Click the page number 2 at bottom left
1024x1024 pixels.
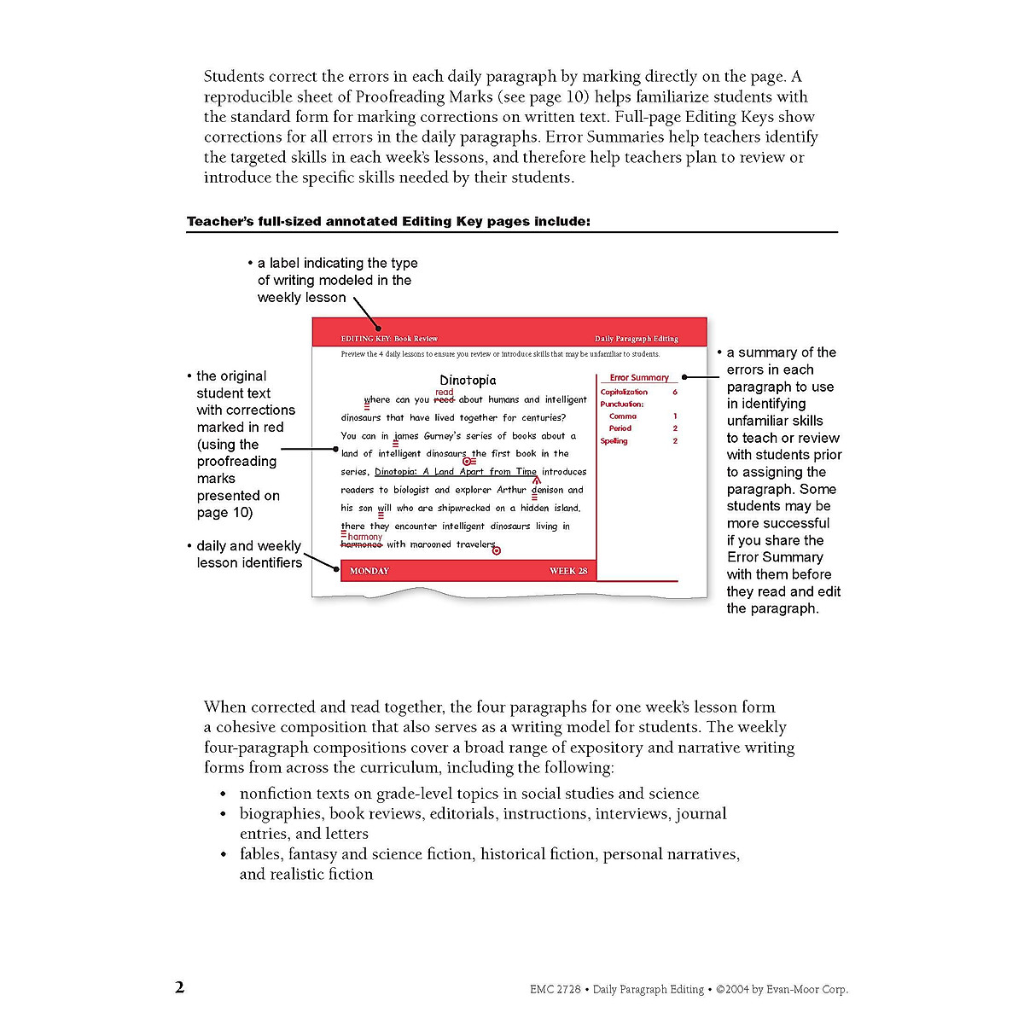179,987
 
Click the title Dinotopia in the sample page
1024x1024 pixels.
468,381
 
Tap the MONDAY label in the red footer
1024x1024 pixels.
369,571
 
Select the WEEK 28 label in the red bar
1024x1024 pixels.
568,571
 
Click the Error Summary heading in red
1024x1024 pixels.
639,377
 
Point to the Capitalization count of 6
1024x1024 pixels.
675,393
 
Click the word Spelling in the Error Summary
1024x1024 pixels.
614,441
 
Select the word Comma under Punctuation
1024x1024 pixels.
623,416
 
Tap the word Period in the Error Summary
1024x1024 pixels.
620,428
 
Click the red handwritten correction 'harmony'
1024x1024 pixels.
365,537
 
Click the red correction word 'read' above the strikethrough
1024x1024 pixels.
445,393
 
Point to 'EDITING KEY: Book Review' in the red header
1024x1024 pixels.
389,339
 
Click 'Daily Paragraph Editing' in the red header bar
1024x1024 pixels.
637,339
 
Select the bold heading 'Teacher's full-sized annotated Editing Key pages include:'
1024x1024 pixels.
388,222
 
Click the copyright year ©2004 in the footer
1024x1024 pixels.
733,990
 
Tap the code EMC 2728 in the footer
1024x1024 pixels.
555,990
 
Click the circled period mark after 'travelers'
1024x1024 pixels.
497,551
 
